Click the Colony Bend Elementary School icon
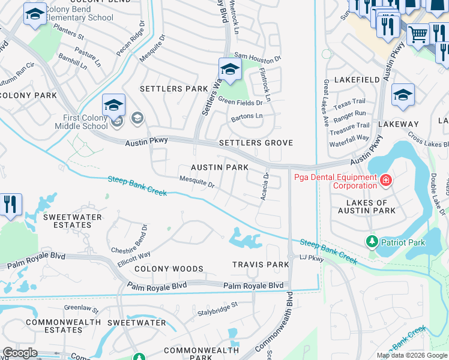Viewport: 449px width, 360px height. (x=35, y=14)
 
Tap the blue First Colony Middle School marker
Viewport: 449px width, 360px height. (x=113, y=106)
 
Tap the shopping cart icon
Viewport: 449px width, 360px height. (x=418, y=34)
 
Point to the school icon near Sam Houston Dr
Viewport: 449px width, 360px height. (x=230, y=70)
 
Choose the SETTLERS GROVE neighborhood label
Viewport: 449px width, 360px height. (x=256, y=143)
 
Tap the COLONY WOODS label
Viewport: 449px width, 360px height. (x=169, y=269)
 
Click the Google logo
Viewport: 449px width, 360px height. (x=20, y=353)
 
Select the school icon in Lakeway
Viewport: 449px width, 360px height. (x=403, y=95)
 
